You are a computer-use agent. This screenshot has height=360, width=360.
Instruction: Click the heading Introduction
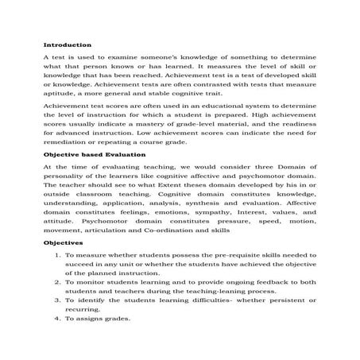point(68,45)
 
